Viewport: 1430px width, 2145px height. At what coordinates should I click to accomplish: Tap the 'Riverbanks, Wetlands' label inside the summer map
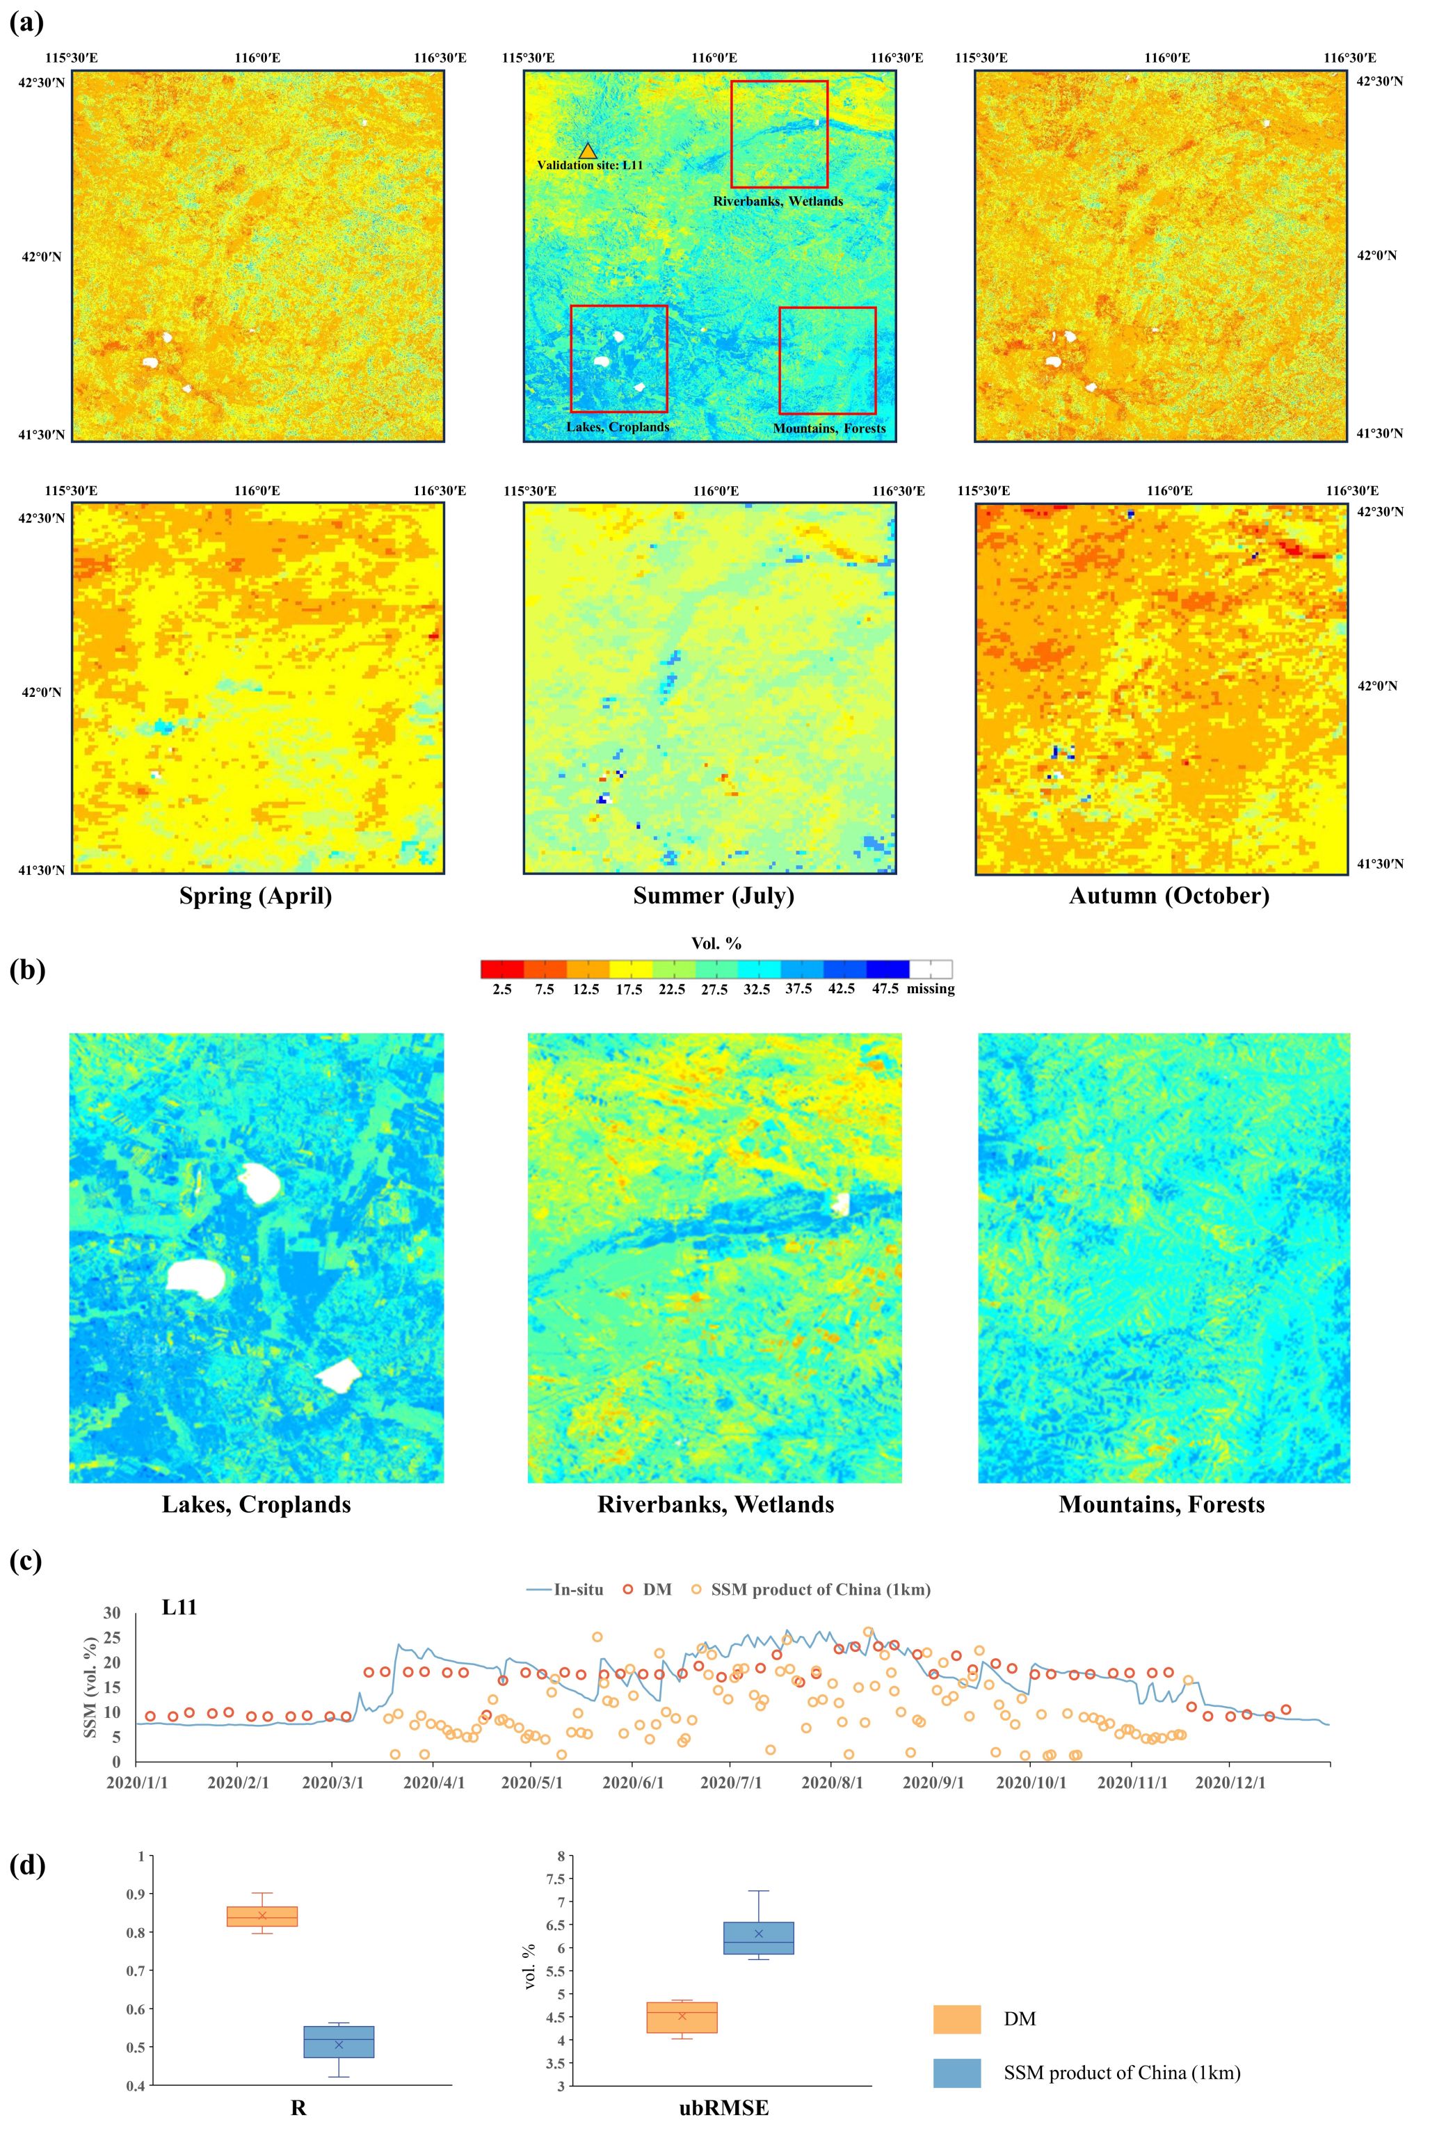tap(778, 200)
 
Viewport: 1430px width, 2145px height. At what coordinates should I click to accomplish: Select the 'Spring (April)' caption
tap(255, 896)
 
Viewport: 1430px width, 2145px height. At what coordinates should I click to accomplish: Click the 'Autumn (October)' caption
tap(1168, 896)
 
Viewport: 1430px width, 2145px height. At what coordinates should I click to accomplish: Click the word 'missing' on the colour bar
tap(930, 988)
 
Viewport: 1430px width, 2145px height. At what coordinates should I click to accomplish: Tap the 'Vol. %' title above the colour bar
tap(716, 943)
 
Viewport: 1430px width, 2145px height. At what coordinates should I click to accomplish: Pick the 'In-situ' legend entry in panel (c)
tap(565, 1589)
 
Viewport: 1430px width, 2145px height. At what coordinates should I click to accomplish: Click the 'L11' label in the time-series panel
tap(179, 1608)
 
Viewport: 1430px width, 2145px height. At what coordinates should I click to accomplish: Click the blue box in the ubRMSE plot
tap(759, 1938)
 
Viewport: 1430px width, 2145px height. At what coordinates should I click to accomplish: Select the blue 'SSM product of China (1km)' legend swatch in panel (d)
tap(956, 2073)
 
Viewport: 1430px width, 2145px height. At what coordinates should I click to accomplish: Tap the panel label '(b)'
tap(26, 970)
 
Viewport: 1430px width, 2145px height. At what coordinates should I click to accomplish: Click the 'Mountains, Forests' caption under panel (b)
tap(1161, 1505)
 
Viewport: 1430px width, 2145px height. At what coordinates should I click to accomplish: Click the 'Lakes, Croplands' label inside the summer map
tap(618, 427)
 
